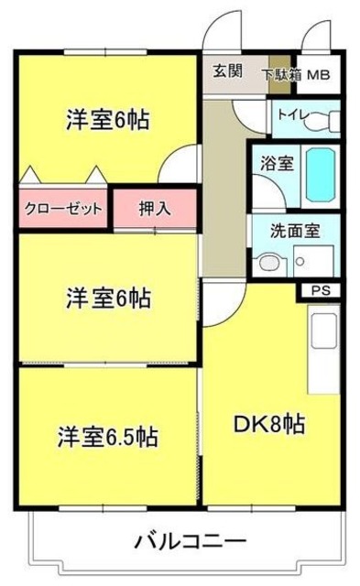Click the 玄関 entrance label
coord(227,71)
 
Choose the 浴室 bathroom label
coord(278,164)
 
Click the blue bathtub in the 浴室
coord(320,174)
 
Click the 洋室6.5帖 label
coord(108,436)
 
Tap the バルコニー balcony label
coord(190,542)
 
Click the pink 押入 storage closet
coord(155,208)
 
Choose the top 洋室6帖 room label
coord(108,120)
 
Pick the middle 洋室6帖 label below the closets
coord(108,298)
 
